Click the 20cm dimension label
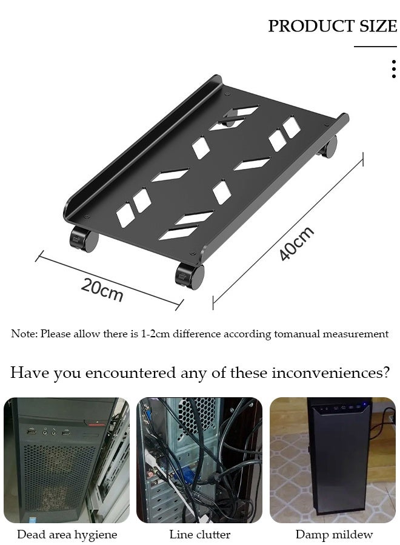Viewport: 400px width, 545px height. point(102,290)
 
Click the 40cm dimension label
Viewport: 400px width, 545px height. point(296,243)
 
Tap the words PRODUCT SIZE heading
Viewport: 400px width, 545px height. point(332,26)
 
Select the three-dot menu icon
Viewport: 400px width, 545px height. point(394,69)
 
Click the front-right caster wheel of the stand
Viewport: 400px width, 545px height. point(190,276)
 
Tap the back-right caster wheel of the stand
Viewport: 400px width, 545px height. point(329,147)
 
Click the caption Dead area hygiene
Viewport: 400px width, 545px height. point(67,535)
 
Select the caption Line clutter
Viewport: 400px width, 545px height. point(199,535)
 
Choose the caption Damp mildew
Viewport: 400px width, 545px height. point(334,535)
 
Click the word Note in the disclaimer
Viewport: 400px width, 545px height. point(23,334)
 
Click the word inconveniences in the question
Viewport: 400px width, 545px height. point(330,372)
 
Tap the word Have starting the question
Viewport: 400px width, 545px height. point(29,372)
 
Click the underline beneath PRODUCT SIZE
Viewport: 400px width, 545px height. point(375,47)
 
